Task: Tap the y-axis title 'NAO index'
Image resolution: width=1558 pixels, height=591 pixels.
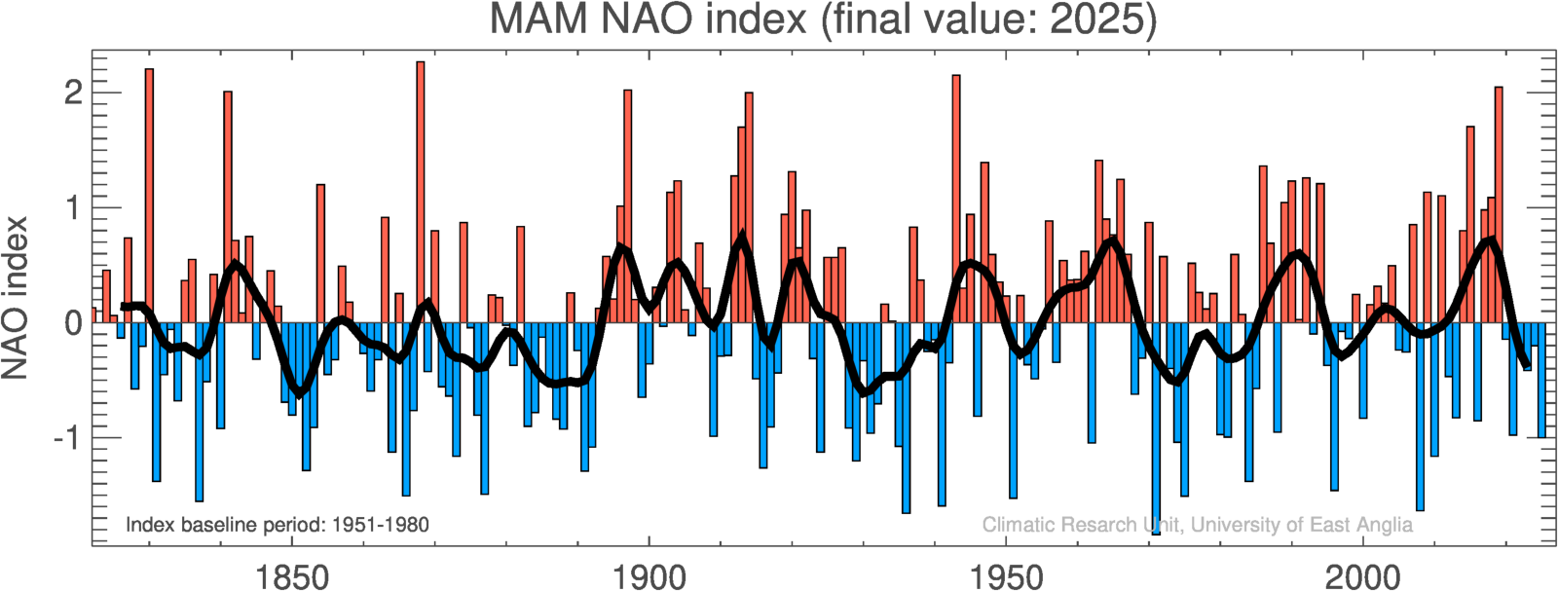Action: (x=15, y=298)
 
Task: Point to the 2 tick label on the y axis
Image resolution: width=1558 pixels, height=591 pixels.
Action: (x=73, y=93)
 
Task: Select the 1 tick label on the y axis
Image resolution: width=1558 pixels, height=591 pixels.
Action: (x=73, y=208)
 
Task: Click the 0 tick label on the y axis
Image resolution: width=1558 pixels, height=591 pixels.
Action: (x=73, y=323)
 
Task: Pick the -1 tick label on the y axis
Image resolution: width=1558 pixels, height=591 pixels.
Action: (x=66, y=438)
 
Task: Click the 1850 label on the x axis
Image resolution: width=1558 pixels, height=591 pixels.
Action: (x=291, y=577)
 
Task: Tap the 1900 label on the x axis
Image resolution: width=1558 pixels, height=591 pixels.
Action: (x=649, y=577)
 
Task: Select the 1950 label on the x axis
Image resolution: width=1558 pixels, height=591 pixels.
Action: (x=1006, y=577)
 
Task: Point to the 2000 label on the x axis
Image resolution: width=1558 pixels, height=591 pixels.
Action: (x=1363, y=577)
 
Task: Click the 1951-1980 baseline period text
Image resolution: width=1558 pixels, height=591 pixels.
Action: (x=381, y=526)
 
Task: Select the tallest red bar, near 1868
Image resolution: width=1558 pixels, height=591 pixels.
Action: (x=421, y=195)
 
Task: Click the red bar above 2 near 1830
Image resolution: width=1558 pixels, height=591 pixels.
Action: (x=149, y=195)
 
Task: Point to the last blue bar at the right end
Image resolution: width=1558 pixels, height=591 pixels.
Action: (x=1542, y=380)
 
